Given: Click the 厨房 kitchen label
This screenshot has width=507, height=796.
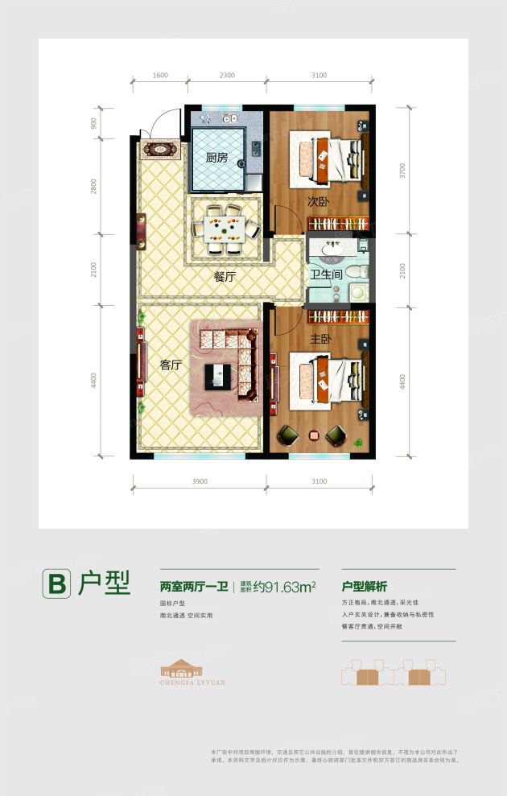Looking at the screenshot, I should pos(216,158).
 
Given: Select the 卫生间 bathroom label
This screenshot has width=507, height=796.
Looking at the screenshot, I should pos(326,274).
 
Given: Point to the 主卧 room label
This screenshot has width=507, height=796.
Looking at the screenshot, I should pos(321,339).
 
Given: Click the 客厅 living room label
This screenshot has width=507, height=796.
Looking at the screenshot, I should pos(169,365).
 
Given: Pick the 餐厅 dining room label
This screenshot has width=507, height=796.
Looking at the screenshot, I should pos(225,276).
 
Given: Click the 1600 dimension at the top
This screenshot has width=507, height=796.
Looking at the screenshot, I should pos(159,76).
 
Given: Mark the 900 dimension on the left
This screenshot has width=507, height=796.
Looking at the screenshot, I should pos(94,123).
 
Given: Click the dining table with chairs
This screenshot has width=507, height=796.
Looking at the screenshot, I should pos(225,229).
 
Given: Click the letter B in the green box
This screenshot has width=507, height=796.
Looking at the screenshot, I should pos(57,584).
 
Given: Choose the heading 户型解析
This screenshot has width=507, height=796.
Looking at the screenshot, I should pos(370,587).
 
